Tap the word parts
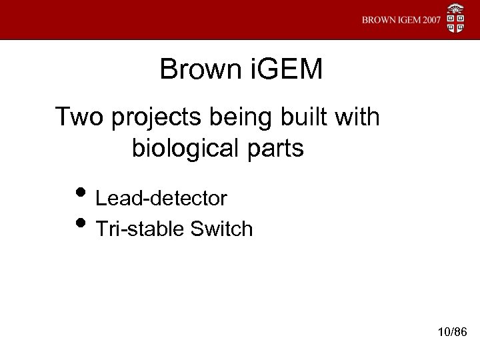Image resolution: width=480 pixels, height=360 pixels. (274, 149)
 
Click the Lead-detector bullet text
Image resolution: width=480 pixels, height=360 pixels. (162, 198)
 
